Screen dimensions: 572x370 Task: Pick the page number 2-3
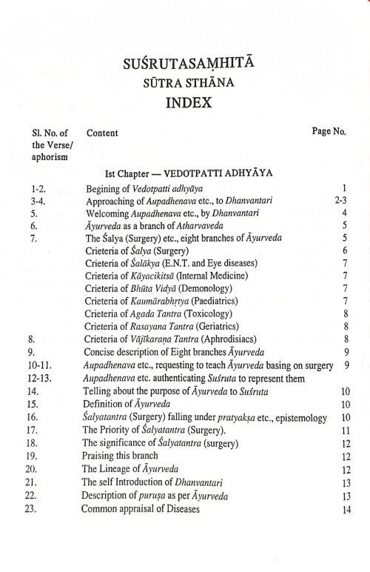(340, 200)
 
